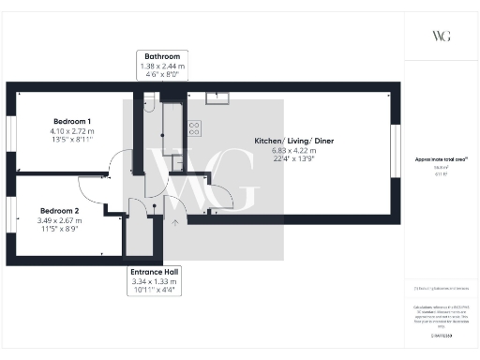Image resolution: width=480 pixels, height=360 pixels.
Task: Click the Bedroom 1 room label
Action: tap(72, 122)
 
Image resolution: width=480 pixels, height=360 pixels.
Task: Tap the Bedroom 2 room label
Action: tap(59, 211)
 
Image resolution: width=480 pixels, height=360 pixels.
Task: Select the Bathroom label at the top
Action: tap(161, 56)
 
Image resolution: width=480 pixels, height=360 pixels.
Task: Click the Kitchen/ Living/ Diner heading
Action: tap(292, 142)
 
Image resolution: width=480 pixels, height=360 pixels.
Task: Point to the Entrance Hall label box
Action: tap(156, 271)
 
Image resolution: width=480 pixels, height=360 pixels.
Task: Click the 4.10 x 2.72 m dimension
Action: tap(72, 131)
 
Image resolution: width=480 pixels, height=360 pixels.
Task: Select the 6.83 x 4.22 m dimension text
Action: tap(292, 151)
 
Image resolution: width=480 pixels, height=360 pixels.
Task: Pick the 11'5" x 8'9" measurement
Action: tap(59, 229)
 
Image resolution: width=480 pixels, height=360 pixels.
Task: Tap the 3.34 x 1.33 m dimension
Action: tap(156, 280)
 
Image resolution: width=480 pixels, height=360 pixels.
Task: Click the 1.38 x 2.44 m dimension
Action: tap(161, 66)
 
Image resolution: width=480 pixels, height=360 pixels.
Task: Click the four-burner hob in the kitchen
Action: tap(194, 127)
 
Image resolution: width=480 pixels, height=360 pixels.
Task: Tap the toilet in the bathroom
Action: tap(148, 107)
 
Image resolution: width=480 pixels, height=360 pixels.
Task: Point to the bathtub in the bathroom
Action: tap(172, 127)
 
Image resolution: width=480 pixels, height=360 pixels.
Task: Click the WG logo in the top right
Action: tap(440, 37)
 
